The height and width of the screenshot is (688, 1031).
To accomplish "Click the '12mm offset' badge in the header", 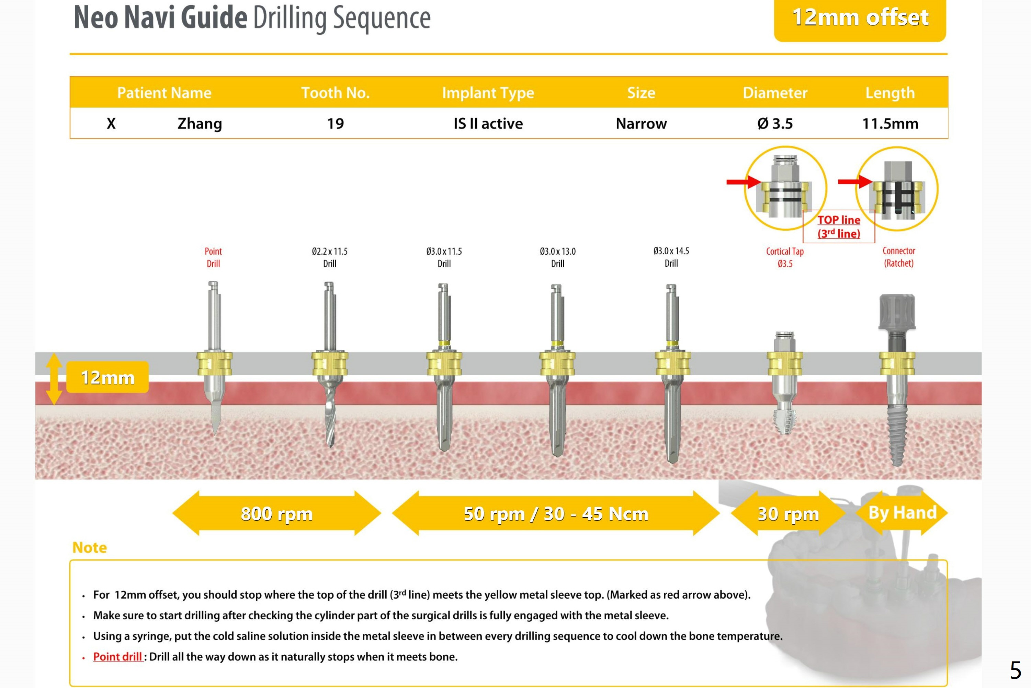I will pos(860,19).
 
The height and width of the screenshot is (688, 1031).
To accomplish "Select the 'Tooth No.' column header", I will pos(336,92).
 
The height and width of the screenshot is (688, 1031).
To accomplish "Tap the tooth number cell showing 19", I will pos(336,124).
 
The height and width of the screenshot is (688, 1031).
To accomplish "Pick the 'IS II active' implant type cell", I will pos(488,124).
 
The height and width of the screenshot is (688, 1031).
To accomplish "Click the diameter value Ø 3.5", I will pos(775,124).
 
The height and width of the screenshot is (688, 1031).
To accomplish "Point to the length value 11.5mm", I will pos(890,124).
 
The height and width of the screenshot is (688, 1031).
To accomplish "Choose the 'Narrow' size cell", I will pos(641,124).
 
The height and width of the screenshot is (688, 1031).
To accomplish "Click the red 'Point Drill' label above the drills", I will pos(213,257).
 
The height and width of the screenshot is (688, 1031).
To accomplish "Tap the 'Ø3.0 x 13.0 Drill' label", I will pos(557,257).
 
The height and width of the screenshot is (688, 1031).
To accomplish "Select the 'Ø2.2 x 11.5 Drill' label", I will pos(330,257).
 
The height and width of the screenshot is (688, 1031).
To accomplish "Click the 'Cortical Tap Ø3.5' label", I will pos(784,257).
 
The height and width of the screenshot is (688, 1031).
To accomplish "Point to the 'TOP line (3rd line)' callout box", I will pos(838,226).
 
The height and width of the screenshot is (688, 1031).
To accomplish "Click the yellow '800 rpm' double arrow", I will pos(277,513).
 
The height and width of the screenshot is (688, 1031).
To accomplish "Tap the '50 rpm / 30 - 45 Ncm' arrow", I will pos(556,513).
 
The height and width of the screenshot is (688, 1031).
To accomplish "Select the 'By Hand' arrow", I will pos(902,512).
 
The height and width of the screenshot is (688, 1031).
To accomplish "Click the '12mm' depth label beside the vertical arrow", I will pos(107,377).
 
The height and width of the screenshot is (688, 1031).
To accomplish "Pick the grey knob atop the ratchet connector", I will pos(897,312).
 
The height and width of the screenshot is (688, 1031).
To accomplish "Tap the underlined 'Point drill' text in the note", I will pos(117,657).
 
